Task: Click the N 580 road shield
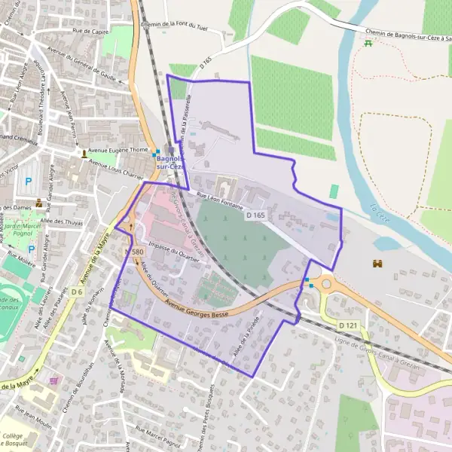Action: tap(133, 251)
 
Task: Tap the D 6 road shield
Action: tap(78, 292)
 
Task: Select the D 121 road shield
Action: tap(347, 325)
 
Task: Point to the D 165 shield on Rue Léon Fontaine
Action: tap(255, 215)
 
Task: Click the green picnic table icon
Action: tap(368, 44)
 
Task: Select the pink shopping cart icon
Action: tap(53, 381)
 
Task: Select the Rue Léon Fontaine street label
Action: tap(223, 203)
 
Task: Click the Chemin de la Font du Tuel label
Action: tap(174, 26)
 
